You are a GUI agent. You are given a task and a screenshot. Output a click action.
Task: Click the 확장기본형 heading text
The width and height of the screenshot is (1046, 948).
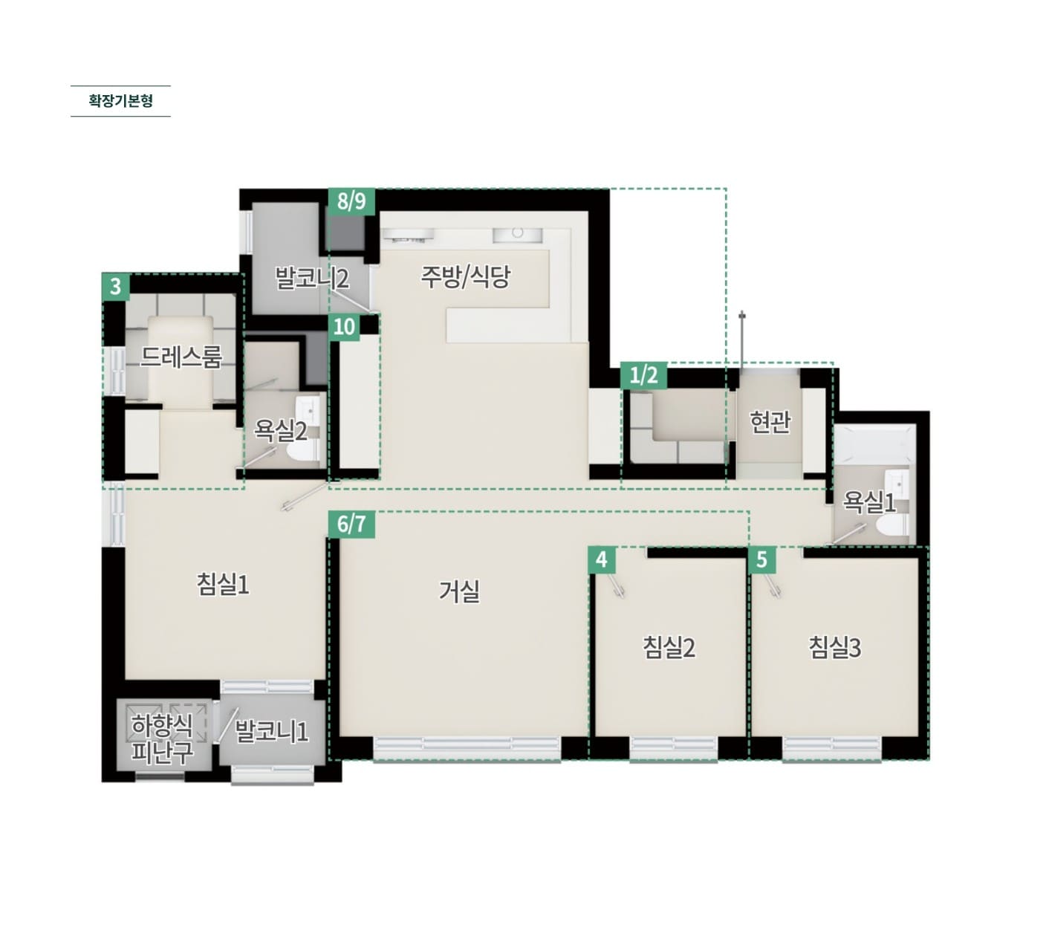(x=120, y=100)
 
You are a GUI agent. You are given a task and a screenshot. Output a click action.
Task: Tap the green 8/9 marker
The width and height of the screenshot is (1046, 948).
(x=351, y=201)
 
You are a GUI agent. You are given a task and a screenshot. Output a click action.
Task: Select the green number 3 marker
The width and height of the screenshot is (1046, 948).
(x=116, y=286)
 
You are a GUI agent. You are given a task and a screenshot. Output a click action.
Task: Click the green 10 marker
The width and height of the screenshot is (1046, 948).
(x=344, y=327)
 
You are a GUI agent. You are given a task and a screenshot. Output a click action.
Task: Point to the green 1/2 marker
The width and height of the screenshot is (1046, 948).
(x=644, y=375)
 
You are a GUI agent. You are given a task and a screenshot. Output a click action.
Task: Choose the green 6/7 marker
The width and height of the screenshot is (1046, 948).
(x=351, y=524)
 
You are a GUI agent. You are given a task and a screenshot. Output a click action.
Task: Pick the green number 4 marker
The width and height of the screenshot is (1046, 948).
(x=602, y=559)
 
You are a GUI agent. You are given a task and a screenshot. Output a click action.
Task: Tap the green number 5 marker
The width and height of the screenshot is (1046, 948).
(x=761, y=559)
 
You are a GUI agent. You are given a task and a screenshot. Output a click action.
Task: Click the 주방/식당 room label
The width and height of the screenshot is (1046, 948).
(x=465, y=276)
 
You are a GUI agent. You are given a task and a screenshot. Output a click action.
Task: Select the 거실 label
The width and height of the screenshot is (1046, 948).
(x=459, y=591)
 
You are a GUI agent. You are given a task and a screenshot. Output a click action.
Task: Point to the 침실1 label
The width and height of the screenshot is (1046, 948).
(x=223, y=584)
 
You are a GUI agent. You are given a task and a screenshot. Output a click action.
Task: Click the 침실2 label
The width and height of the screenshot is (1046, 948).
(x=669, y=648)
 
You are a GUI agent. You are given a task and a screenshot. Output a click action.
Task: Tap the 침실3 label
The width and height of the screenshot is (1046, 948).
(x=835, y=648)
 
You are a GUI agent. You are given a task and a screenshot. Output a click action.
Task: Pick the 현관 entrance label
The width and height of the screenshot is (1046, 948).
(x=770, y=422)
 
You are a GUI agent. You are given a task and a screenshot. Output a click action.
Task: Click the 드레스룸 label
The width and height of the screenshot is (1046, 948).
(x=181, y=357)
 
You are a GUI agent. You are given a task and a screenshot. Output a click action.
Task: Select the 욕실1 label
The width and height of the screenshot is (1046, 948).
(x=869, y=501)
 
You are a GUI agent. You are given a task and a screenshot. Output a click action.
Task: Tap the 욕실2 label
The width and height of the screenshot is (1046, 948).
(x=280, y=431)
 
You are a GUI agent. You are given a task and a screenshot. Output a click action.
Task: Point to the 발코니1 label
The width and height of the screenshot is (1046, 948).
(x=272, y=731)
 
